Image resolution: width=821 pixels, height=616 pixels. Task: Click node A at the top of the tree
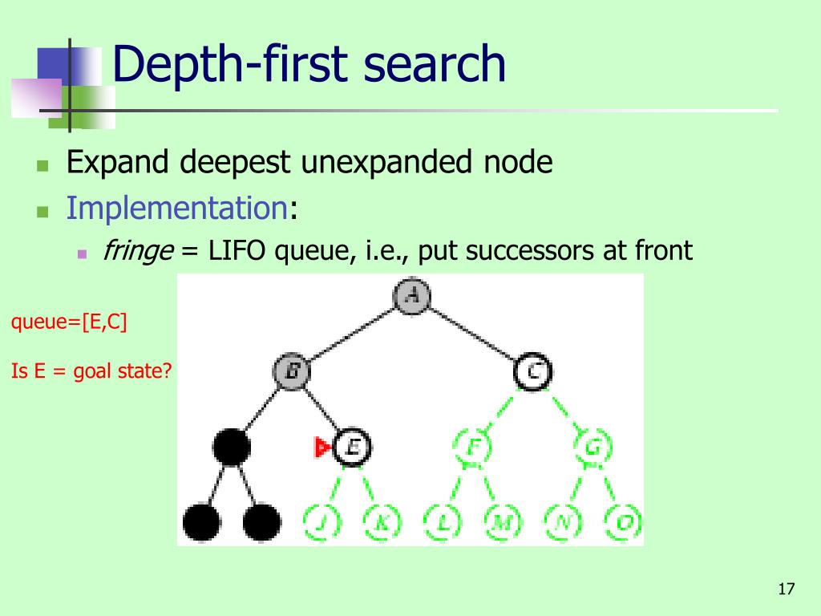tap(412, 295)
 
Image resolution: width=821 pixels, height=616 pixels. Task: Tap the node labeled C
tap(532, 371)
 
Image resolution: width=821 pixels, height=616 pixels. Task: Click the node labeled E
tap(352, 447)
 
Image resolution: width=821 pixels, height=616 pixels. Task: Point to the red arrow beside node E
tap(322, 448)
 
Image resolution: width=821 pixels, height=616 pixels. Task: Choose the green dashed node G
tap(592, 447)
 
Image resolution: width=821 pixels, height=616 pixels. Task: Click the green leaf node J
tap(322, 523)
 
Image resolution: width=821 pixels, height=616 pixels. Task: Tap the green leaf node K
tap(382, 523)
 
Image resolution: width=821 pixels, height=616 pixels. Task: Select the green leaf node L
tap(442, 523)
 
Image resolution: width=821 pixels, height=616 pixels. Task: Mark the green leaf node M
tap(502, 523)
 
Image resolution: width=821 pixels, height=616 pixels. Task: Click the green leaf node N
tap(562, 523)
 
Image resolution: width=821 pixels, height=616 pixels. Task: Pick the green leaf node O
tap(622, 523)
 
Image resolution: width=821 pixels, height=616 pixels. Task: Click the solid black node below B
tap(232, 447)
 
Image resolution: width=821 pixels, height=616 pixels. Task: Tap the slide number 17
tap(786, 590)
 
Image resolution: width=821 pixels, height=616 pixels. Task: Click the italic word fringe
tap(138, 251)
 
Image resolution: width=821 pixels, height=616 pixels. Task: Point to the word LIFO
tap(237, 251)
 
